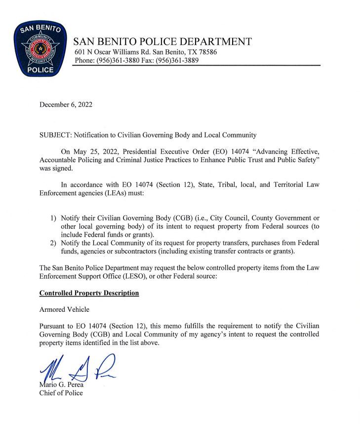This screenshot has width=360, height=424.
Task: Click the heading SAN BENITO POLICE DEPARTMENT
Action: pyautogui.click(x=162, y=42)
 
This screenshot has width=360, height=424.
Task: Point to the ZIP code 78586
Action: pyautogui.click(x=207, y=52)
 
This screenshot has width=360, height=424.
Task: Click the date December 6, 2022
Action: pyautogui.click(x=66, y=104)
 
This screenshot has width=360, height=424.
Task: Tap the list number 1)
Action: pyautogui.click(x=54, y=218)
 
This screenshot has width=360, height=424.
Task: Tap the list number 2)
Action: pyautogui.click(x=54, y=243)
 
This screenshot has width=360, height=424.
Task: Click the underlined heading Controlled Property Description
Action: pyautogui.click(x=89, y=293)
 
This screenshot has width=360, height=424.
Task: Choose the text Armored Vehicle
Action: pyautogui.click(x=64, y=309)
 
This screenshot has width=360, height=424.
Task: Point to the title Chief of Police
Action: pyautogui.click(x=61, y=393)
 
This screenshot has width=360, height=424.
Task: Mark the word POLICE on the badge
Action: pyautogui.click(x=38, y=70)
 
